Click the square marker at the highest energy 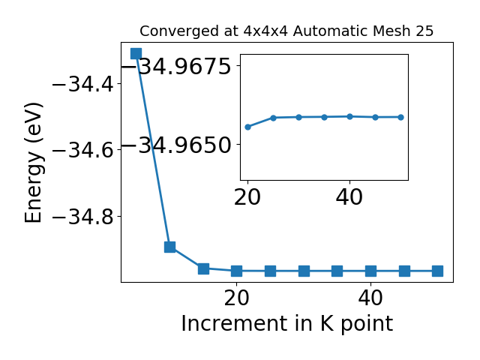136,53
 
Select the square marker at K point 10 170,247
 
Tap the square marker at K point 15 203,268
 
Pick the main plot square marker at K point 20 237,271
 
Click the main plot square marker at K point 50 437,271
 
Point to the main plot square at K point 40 370,271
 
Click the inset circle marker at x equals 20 248,127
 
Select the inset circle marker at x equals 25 273,118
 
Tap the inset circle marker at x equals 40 350,117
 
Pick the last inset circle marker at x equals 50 400,117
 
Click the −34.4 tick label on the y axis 83,84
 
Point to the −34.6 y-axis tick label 83,150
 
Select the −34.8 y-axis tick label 83,217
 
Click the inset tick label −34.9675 176,66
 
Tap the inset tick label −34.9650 176,145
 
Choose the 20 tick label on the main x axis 237,298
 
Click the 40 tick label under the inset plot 349,196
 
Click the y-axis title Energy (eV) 33,163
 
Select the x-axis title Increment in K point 286,324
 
